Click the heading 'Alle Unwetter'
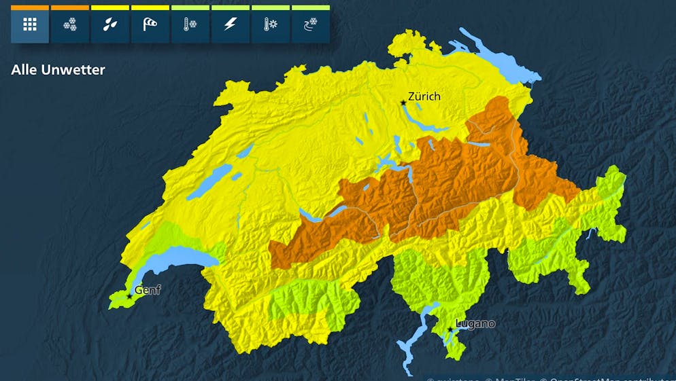coord(58,70)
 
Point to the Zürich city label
coord(424,96)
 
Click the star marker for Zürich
coord(403,103)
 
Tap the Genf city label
coord(148,290)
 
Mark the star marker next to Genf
coord(129,297)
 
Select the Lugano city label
coord(475,323)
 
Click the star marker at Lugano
coord(450,330)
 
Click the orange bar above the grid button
coord(30,7)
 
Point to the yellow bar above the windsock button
coord(150,7)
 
